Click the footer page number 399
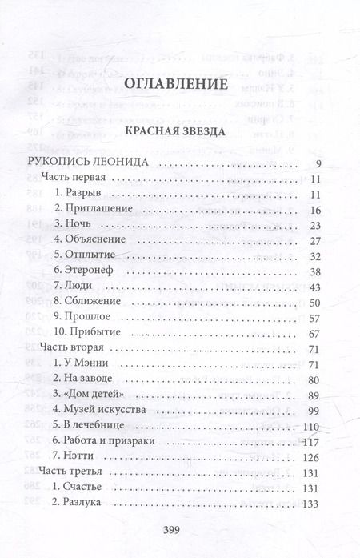(180, 535)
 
